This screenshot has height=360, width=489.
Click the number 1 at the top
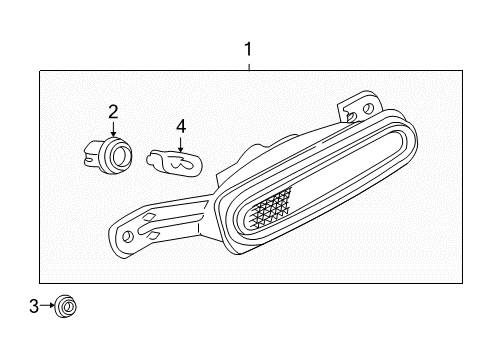pyautogui.click(x=249, y=47)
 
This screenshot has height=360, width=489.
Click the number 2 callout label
pyautogui.click(x=113, y=111)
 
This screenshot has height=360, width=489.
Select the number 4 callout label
pyautogui.click(x=181, y=126)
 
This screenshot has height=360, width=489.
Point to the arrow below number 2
pyautogui.click(x=113, y=130)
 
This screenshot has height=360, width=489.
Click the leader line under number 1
pyautogui.click(x=249, y=64)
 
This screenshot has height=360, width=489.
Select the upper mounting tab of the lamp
pyautogui.click(x=356, y=108)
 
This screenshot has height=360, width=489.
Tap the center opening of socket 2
pyautogui.click(x=120, y=154)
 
